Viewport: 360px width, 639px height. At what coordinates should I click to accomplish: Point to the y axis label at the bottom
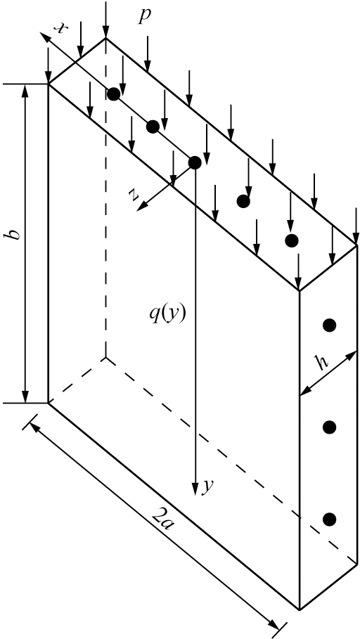pos(208,486)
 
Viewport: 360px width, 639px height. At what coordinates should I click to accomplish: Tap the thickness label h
pos(322,362)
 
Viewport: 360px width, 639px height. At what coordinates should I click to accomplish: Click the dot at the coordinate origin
pos(195,162)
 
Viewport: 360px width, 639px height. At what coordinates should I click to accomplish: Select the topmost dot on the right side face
pos(330,325)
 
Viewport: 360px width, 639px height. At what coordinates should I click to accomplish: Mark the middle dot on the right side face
pos(330,427)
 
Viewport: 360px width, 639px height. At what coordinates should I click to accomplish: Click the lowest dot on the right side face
pos(330,519)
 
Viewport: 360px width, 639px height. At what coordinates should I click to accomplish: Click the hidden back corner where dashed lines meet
pos(106,357)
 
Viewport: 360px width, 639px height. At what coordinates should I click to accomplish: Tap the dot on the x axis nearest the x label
pos(114,94)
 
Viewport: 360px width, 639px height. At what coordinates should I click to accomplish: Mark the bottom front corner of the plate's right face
pos(300,609)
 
